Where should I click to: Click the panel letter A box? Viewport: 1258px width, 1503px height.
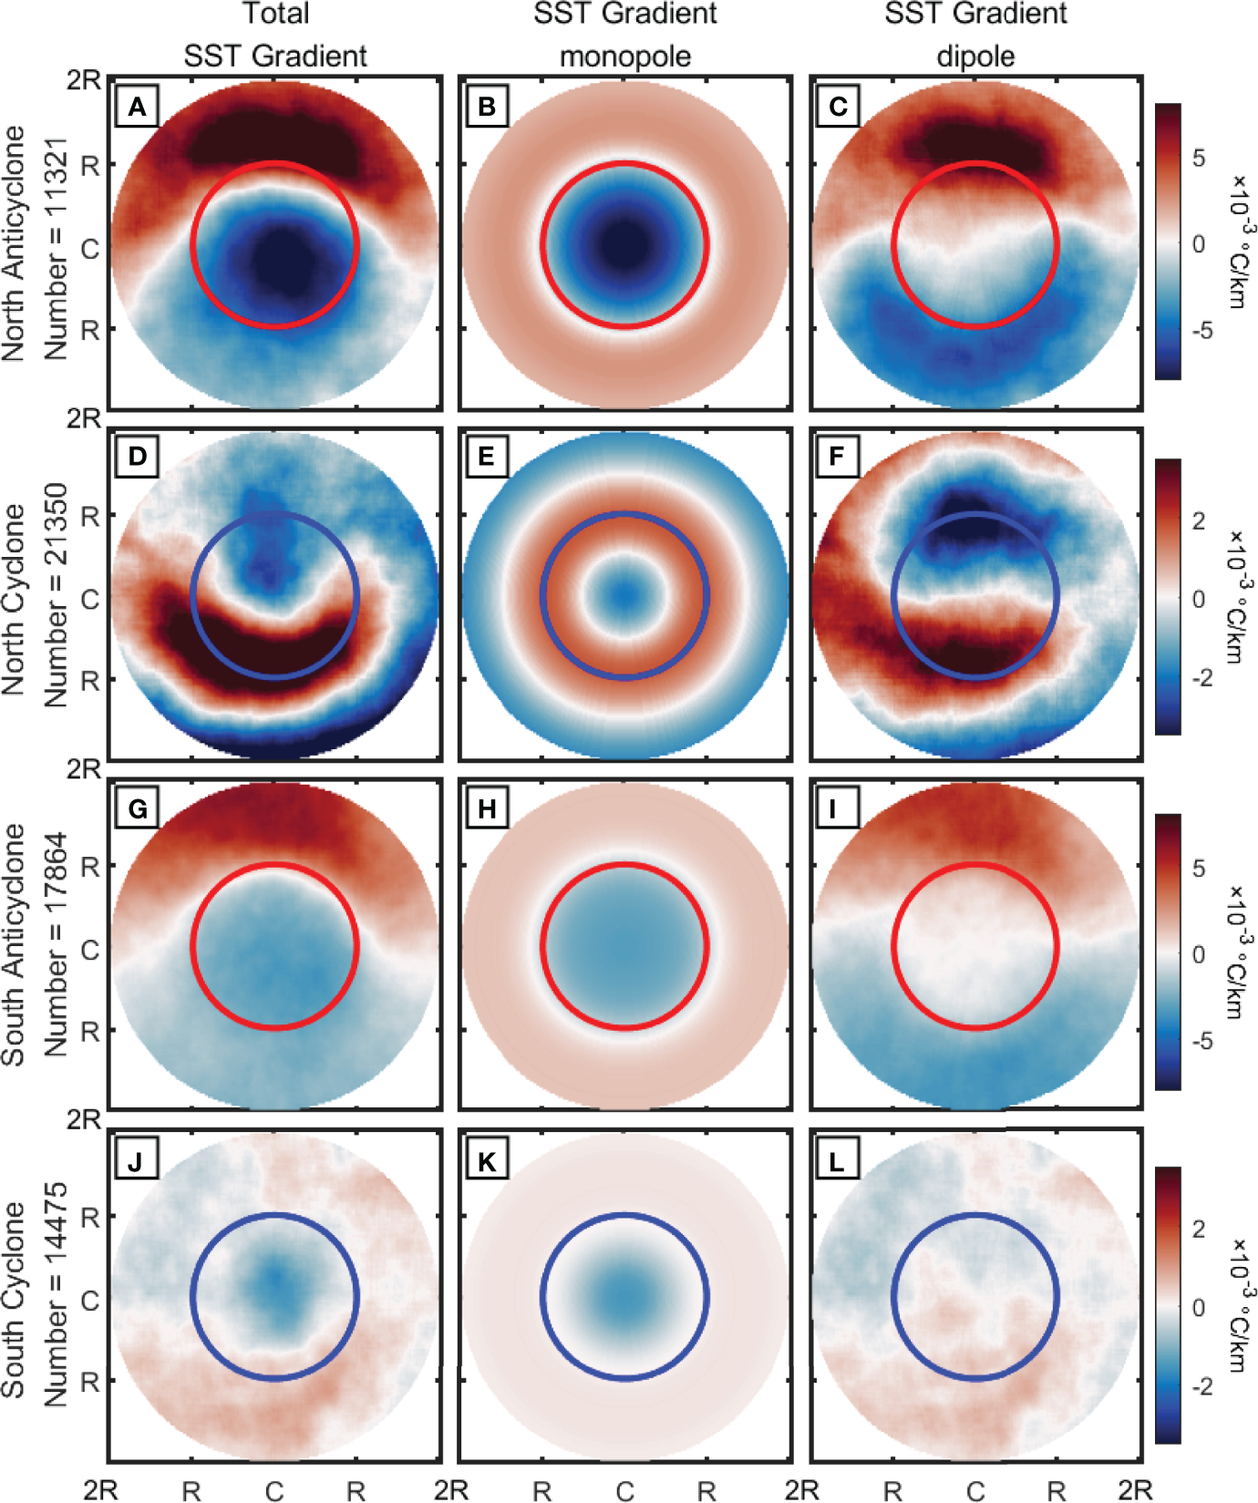point(137,108)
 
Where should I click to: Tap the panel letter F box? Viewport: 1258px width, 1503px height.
point(836,457)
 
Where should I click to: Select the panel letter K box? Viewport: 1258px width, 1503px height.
point(487,1161)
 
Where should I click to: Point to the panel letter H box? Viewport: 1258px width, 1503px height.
point(487,809)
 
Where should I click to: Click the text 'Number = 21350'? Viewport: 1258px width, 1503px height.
point(55,594)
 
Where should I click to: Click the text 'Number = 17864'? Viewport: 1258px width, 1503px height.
point(55,944)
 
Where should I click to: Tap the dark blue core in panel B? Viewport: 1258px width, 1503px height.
point(625,244)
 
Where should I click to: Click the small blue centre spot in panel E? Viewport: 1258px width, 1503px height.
point(625,595)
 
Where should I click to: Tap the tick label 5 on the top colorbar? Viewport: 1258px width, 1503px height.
point(1199,158)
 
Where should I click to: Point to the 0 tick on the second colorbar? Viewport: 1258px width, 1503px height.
point(1199,599)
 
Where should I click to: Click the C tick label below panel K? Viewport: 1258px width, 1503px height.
point(624,1490)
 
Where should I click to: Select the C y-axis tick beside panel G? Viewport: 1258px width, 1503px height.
point(90,950)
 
